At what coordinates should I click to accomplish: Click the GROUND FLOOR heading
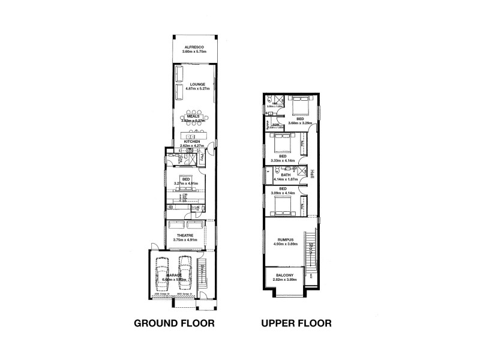click(174, 324)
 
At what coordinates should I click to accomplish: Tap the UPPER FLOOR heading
click(296, 324)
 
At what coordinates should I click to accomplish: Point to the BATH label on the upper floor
click(285, 175)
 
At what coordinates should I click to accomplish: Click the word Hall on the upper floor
click(313, 173)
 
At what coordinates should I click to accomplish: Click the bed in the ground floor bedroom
click(186, 193)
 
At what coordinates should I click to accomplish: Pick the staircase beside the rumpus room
click(311, 246)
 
